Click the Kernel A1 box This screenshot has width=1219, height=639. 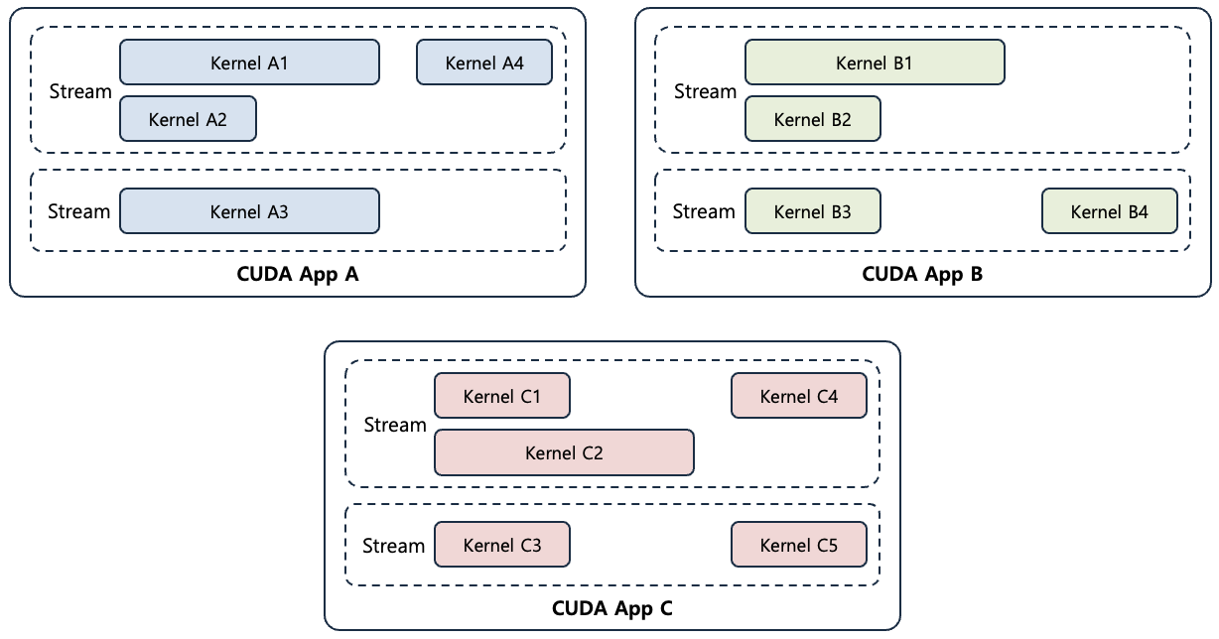point(249,63)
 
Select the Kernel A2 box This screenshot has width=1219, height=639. point(188,119)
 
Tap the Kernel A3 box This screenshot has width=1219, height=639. point(249,211)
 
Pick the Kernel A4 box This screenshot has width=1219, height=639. point(484,63)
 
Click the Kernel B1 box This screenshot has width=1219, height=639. point(875,63)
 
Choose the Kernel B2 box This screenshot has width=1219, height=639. point(813,119)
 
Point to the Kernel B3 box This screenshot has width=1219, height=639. point(813,211)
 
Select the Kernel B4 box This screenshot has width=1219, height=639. point(1110,211)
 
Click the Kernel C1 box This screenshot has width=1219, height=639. point(502,396)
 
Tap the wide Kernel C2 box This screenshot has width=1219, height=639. point(564,452)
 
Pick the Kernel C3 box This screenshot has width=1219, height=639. point(502,545)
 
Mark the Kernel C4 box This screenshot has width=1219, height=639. point(799,396)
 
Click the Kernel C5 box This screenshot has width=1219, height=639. point(799,545)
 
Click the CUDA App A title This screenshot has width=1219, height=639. point(297,275)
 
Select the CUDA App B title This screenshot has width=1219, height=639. point(922,275)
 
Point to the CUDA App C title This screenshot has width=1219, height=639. point(611,608)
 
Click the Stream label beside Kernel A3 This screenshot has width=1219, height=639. point(79,211)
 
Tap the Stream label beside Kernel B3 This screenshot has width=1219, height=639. point(704,211)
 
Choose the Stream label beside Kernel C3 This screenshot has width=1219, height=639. point(394,545)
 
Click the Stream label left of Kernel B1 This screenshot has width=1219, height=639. point(705,91)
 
